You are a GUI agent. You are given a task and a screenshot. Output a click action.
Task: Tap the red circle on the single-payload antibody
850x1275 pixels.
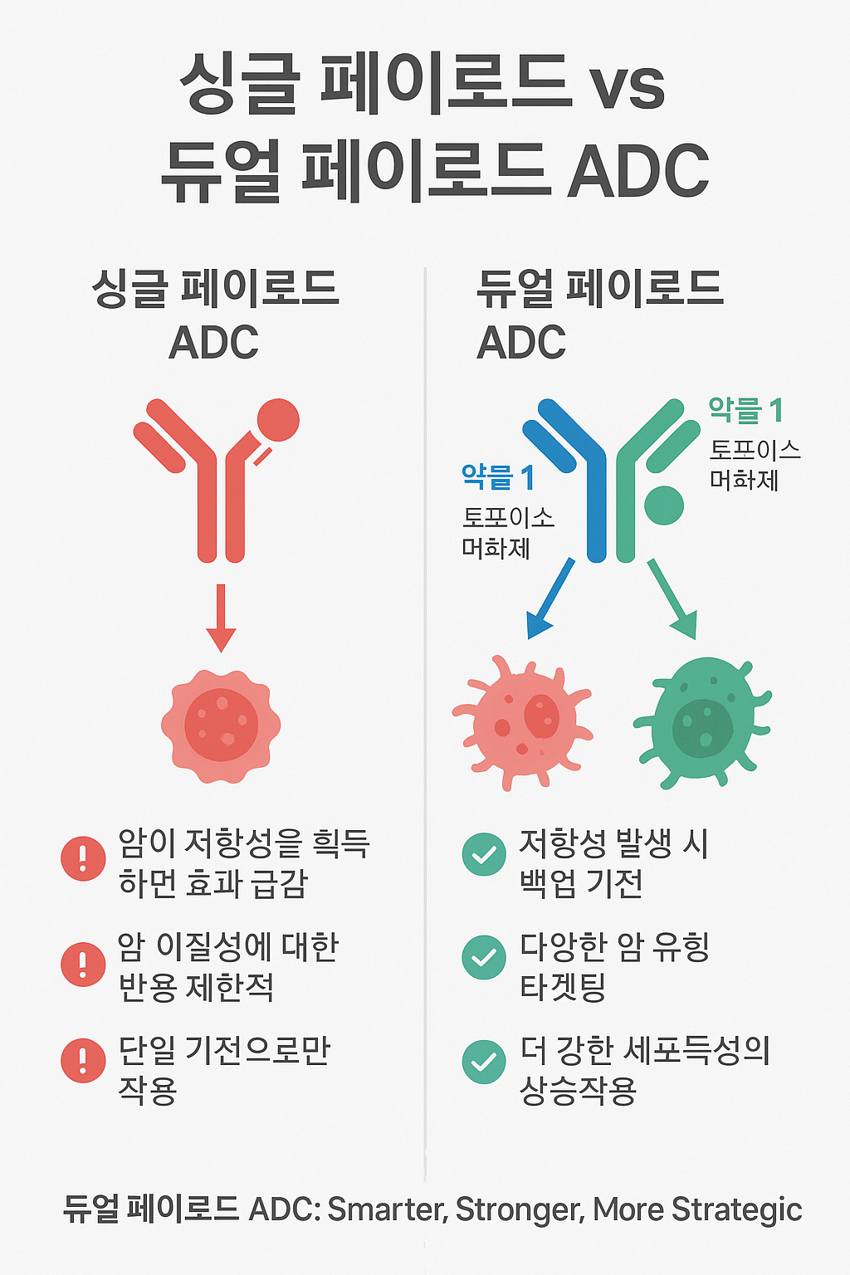[x=278, y=420]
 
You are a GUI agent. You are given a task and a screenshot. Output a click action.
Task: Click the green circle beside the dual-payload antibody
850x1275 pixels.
[x=663, y=505]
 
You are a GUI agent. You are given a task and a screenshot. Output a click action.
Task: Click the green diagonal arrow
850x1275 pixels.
[x=672, y=599]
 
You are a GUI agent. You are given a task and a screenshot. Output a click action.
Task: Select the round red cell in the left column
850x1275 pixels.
[x=221, y=725]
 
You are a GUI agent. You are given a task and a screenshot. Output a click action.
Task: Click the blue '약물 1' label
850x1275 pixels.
[x=498, y=478]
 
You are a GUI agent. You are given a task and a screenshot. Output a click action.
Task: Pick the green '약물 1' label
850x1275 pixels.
[x=745, y=410]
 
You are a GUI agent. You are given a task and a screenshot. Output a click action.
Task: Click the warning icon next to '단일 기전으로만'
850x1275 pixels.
[x=83, y=1061]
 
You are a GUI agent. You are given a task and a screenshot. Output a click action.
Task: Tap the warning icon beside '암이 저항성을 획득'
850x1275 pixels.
[x=83, y=858]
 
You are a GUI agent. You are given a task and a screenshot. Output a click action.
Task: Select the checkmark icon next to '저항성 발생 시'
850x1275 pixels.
[x=484, y=854]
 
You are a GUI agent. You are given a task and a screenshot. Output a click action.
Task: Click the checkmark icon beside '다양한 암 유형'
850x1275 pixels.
[x=484, y=957]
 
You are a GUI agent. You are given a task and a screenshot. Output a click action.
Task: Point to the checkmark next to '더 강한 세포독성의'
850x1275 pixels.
[x=484, y=1062]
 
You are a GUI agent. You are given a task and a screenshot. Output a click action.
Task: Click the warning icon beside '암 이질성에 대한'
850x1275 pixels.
[x=83, y=964]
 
